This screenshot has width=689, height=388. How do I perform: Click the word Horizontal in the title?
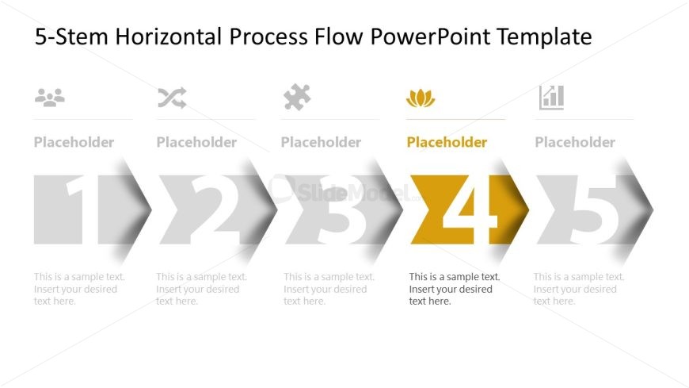pyautogui.click(x=169, y=36)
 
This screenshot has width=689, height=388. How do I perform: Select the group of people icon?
pyautogui.click(x=50, y=98)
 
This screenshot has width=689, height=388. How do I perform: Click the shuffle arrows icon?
pyautogui.click(x=173, y=98)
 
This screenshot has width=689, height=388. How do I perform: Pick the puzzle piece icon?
pyautogui.click(x=297, y=97)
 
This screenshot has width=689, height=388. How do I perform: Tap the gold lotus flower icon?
pyautogui.click(x=421, y=98)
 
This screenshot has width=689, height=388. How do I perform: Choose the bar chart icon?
pyautogui.click(x=551, y=98)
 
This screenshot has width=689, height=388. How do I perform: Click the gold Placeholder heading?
pyautogui.click(x=447, y=142)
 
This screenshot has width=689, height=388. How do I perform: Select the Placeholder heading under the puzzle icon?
pyautogui.click(x=321, y=142)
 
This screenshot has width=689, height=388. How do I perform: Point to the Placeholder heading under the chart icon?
pyautogui.click(x=575, y=142)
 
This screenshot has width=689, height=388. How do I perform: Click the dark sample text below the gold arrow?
pyautogui.click(x=455, y=289)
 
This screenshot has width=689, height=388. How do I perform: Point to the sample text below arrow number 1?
pyautogui.click(x=79, y=289)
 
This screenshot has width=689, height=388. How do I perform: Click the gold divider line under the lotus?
pyautogui.click(x=455, y=119)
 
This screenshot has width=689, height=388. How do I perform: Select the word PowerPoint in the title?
pyautogui.click(x=431, y=36)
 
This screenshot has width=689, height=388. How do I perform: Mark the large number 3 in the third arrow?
pyautogui.click(x=338, y=209)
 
